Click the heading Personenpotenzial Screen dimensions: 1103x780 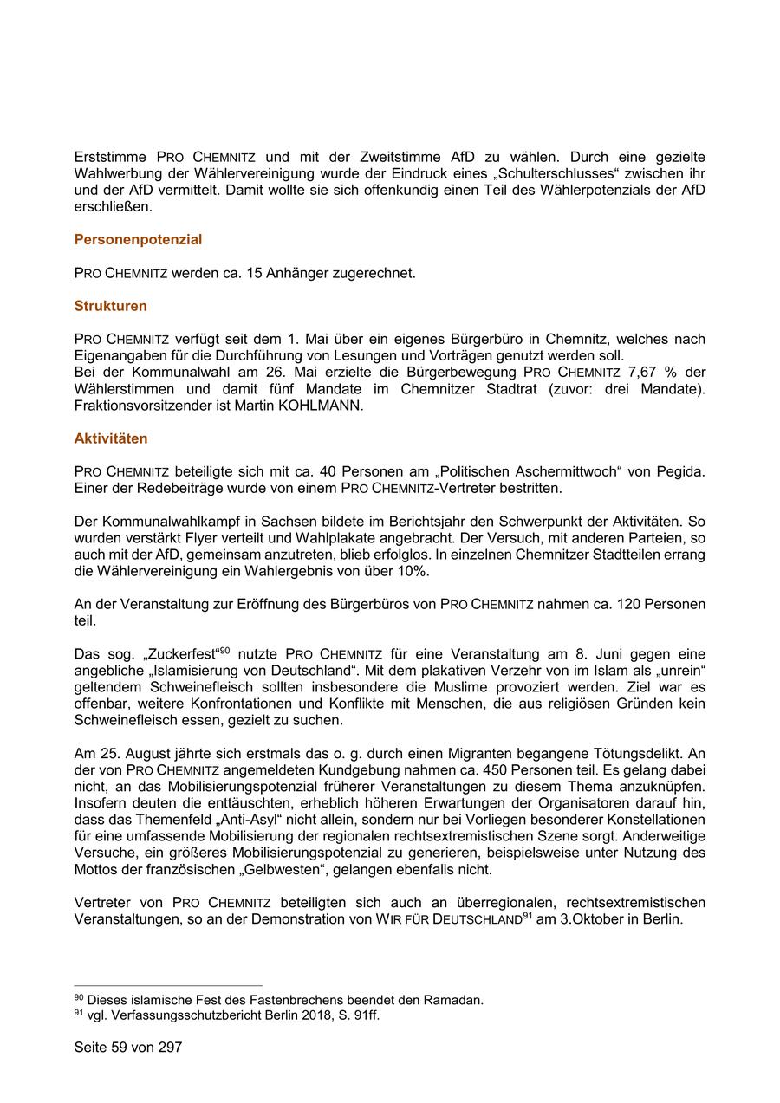pos(138,240)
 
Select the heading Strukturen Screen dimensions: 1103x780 pos(110,306)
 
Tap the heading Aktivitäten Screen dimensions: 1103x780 pos(111,439)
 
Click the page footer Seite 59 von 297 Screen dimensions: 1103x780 pos(128,1047)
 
